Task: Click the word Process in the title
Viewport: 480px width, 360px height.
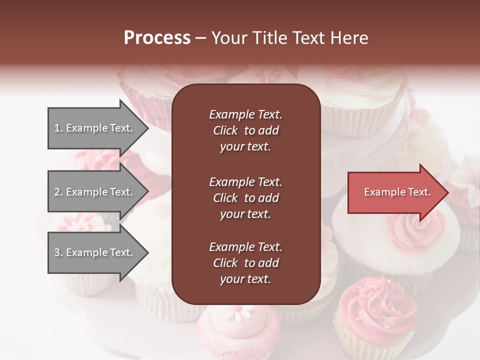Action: point(157,38)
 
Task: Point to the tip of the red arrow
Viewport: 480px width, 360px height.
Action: point(448,192)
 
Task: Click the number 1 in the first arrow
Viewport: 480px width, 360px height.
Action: point(57,128)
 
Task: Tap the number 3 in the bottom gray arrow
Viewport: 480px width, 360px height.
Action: point(57,252)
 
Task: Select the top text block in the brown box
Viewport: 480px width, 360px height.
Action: point(245,130)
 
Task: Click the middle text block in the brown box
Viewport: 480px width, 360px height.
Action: point(245,197)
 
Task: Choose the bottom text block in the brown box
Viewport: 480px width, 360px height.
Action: point(245,263)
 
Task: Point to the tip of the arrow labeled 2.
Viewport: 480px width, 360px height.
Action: point(148,192)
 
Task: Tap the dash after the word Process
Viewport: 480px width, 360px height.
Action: point(200,38)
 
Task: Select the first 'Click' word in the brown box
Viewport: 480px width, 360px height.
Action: point(225,130)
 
